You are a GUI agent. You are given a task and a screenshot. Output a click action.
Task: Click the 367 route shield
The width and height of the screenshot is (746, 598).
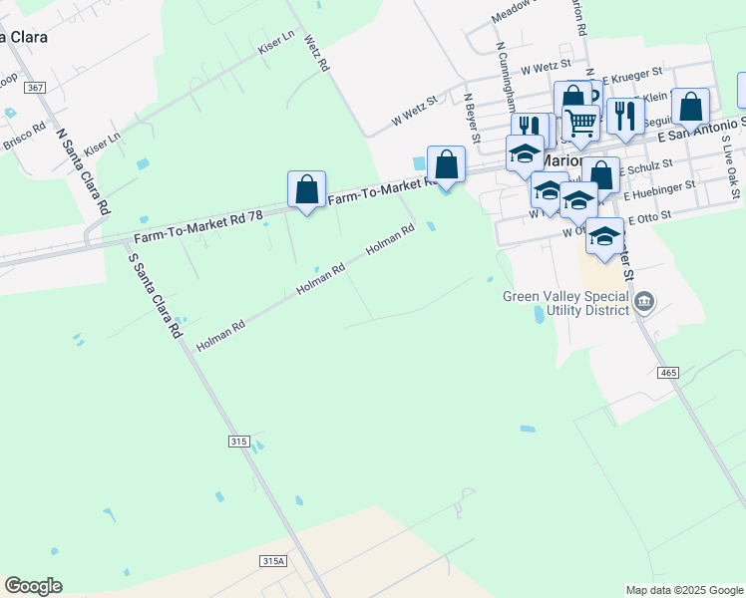point(36,89)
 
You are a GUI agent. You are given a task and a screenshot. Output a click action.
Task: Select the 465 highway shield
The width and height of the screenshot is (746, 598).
point(668,373)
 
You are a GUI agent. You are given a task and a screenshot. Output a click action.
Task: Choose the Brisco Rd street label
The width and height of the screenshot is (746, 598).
point(24,137)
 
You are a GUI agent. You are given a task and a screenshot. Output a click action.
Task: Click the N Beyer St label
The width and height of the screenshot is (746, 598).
point(473,112)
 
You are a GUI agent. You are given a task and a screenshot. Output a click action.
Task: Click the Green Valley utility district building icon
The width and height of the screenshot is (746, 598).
point(643,300)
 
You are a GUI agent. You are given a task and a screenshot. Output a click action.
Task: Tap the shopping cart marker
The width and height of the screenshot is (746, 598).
point(580,123)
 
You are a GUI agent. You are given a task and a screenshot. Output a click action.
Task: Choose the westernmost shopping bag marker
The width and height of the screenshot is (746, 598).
point(307,189)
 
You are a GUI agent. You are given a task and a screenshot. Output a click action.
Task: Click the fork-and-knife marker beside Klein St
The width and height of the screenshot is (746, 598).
point(624,116)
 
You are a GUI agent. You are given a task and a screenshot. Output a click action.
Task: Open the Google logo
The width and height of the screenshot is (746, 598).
point(33,586)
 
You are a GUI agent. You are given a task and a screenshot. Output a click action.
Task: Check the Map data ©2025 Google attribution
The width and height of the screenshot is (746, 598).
point(683,590)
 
